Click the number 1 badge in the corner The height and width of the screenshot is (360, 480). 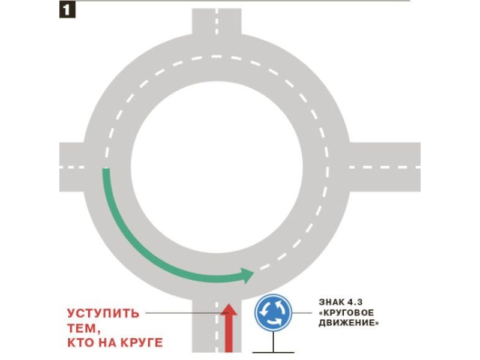click(x=67, y=10)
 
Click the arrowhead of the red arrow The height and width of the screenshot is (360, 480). click(x=229, y=310)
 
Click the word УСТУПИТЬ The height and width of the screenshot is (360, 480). click(x=103, y=313)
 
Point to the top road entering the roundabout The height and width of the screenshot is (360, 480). click(x=217, y=24)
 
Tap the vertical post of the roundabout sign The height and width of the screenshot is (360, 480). click(x=274, y=341)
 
